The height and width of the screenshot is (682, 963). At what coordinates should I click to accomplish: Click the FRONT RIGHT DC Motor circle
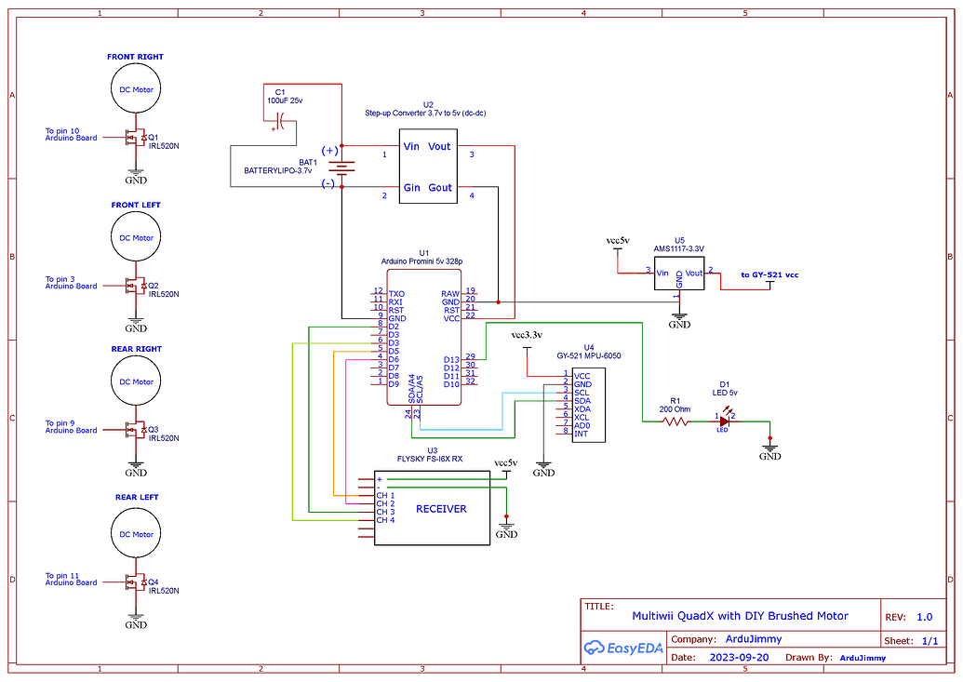pos(136,89)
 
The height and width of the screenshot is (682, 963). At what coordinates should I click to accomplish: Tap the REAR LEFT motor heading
pos(137,497)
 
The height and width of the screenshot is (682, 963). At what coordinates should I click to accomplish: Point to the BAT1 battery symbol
pos(341,167)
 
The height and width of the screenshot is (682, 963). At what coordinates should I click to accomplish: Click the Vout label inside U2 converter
pos(439,146)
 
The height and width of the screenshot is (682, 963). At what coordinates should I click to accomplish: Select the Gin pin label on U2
pos(410,187)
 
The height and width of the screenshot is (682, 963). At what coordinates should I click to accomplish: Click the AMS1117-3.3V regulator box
pos(679,275)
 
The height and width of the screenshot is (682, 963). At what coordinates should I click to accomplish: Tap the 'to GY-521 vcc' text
pos(769,274)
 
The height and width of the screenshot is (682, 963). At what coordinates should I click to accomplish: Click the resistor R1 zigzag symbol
pos(676,421)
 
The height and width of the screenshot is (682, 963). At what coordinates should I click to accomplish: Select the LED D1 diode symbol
pos(725,421)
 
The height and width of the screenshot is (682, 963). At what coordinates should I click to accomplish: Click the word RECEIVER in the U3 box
pos(441,509)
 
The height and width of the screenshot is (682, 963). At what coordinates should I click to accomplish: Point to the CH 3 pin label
pos(385,512)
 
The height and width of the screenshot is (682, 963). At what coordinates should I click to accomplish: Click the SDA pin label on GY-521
pos(582,400)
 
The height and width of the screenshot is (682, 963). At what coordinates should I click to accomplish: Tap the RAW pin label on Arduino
pos(450,293)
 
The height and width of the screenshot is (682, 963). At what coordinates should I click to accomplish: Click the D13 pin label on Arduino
pos(451,359)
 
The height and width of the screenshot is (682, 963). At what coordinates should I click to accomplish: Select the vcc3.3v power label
pos(527,335)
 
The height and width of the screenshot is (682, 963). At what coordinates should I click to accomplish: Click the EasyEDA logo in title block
pos(622,648)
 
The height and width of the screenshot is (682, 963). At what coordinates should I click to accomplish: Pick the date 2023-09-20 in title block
pos(738,657)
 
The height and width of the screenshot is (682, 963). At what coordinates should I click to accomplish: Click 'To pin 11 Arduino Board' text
pos(71,579)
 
